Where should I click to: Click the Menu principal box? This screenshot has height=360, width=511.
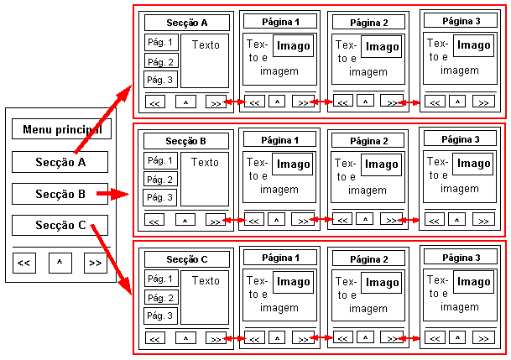pyautogui.click(x=60, y=129)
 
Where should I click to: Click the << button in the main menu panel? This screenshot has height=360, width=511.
pyautogui.click(x=24, y=263)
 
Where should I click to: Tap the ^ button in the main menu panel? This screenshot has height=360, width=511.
pyautogui.click(x=60, y=263)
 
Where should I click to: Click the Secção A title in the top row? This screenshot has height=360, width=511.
pyautogui.click(x=186, y=23)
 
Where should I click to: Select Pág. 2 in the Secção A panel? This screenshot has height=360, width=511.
pyautogui.click(x=160, y=61)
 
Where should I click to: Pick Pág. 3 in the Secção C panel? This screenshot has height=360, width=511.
pyautogui.click(x=160, y=316)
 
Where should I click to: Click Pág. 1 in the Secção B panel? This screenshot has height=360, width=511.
pyautogui.click(x=160, y=160)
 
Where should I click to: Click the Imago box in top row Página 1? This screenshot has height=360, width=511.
pyautogui.click(x=294, y=46)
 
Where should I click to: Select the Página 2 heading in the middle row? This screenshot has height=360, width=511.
pyautogui.click(x=368, y=140)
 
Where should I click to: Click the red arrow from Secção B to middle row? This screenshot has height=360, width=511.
pyautogui.click(x=112, y=194)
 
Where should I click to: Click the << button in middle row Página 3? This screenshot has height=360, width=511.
pyautogui.click(x=434, y=219)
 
